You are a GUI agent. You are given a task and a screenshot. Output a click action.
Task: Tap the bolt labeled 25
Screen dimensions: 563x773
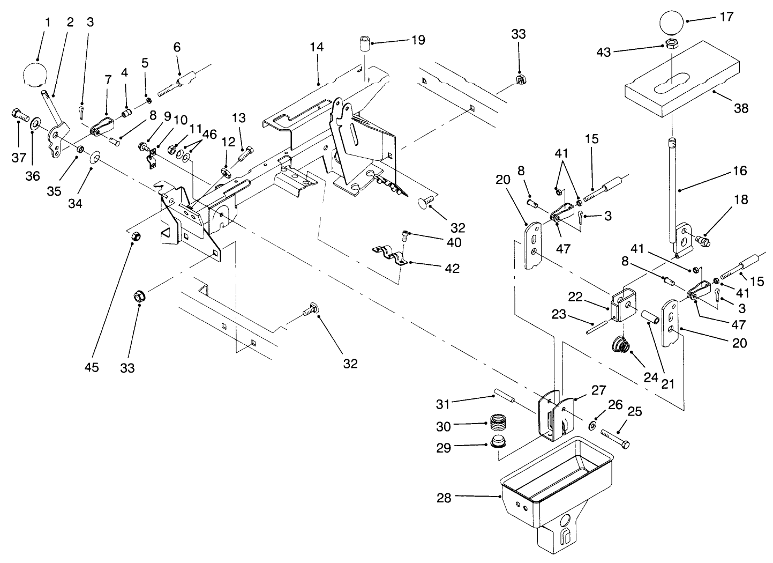(x=616, y=437)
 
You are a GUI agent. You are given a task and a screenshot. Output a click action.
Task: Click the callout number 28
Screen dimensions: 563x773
(x=443, y=497)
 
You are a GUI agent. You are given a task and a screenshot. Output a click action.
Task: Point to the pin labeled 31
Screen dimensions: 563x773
(x=504, y=400)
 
